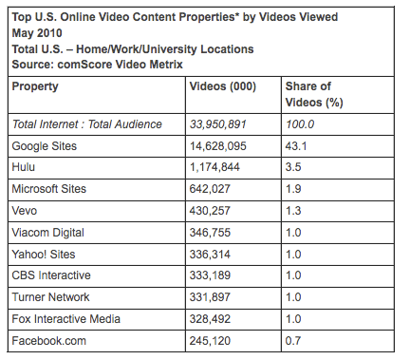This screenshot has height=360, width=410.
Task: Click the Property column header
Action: (x=35, y=86)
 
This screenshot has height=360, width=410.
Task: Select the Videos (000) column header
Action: (x=225, y=86)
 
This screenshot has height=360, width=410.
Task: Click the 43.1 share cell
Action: (x=298, y=145)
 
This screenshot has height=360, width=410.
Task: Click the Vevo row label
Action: (x=25, y=211)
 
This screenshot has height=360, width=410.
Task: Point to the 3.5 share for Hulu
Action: (x=294, y=167)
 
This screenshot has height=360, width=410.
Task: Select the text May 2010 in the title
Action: (x=35, y=30)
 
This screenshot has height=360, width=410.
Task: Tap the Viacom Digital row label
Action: (x=48, y=233)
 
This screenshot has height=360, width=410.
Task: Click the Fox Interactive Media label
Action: (x=65, y=319)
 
